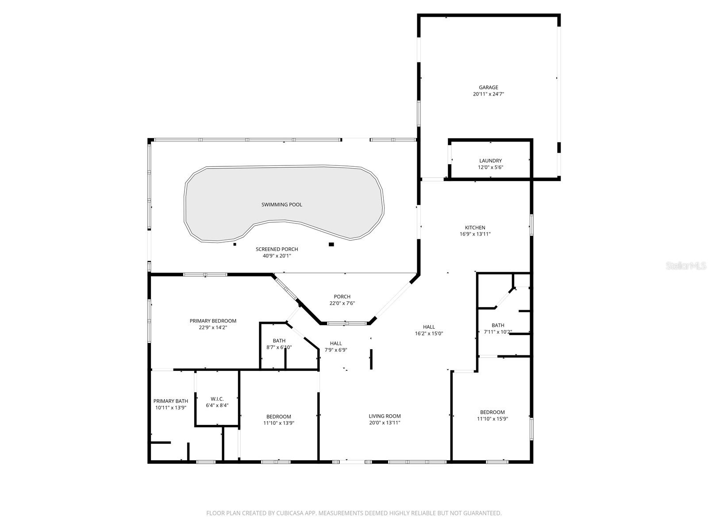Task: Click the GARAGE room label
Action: (488, 88)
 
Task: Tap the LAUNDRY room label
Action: (490, 161)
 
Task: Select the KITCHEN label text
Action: (475, 227)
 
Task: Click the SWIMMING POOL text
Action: (282, 204)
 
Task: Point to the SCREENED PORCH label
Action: (277, 249)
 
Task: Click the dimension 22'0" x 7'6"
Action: (342, 303)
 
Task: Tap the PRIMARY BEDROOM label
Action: (213, 321)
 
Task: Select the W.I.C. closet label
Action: (217, 399)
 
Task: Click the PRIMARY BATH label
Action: (170, 401)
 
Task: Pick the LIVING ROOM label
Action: (385, 416)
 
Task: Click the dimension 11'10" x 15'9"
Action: (492, 419)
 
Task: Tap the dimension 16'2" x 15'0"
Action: (429, 334)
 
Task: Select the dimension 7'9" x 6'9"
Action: (335, 350)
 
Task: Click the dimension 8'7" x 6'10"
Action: (279, 347)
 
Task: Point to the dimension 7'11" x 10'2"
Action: (497, 332)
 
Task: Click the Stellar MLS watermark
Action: (689, 266)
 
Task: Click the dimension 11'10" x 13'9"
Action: (278, 423)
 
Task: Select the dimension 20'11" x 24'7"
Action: (488, 94)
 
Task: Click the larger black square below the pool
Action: (331, 244)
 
